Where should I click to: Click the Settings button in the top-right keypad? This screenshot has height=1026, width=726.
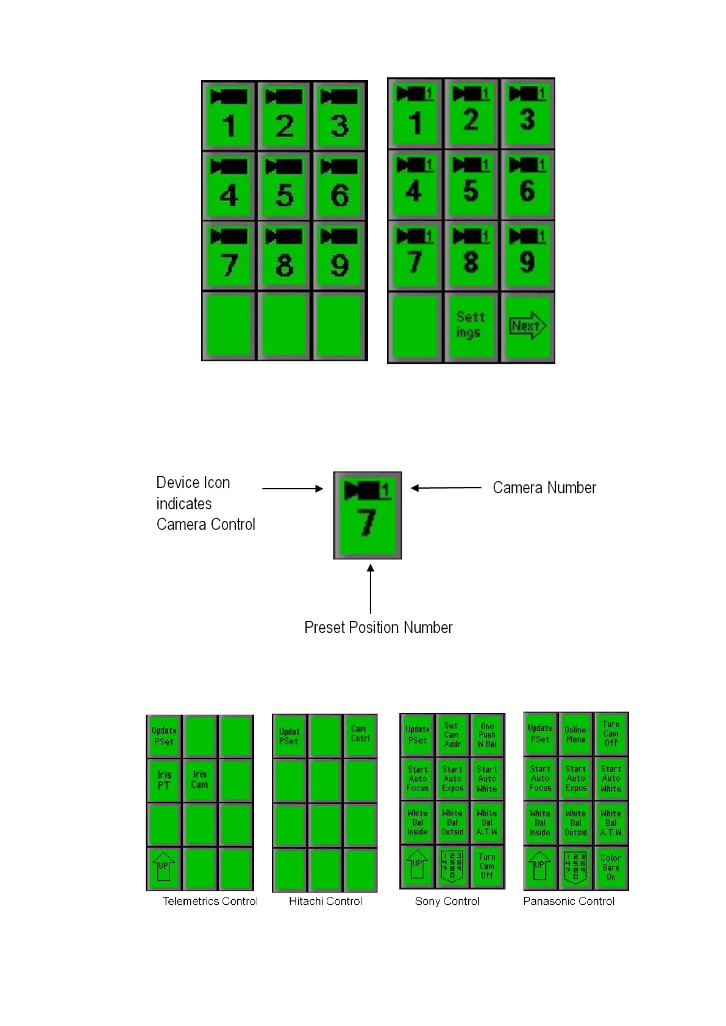471,325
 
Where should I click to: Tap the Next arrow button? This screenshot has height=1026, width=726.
527,326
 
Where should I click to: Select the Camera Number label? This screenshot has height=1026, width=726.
544,487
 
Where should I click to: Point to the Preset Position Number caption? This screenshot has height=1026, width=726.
378,628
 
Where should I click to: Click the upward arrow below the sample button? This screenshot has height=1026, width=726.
371,588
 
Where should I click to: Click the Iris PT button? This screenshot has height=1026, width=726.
164,780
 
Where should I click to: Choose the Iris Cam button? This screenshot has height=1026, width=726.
199,780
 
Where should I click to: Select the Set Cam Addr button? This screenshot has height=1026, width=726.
452,735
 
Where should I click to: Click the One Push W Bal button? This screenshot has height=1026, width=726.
487,735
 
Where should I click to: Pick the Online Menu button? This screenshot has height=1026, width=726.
575,734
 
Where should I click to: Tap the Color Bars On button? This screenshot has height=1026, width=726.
611,868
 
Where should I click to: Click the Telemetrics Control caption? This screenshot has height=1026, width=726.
210,901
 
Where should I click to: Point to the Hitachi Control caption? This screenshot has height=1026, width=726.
325,901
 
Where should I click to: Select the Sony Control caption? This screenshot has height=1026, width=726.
447,901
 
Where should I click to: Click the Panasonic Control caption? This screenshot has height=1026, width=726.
568,901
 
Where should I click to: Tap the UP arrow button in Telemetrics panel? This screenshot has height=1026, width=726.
164,867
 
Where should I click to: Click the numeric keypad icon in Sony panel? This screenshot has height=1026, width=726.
452,866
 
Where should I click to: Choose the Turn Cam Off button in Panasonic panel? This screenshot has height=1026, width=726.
611,734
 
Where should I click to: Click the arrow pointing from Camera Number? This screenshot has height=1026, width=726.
446,487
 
